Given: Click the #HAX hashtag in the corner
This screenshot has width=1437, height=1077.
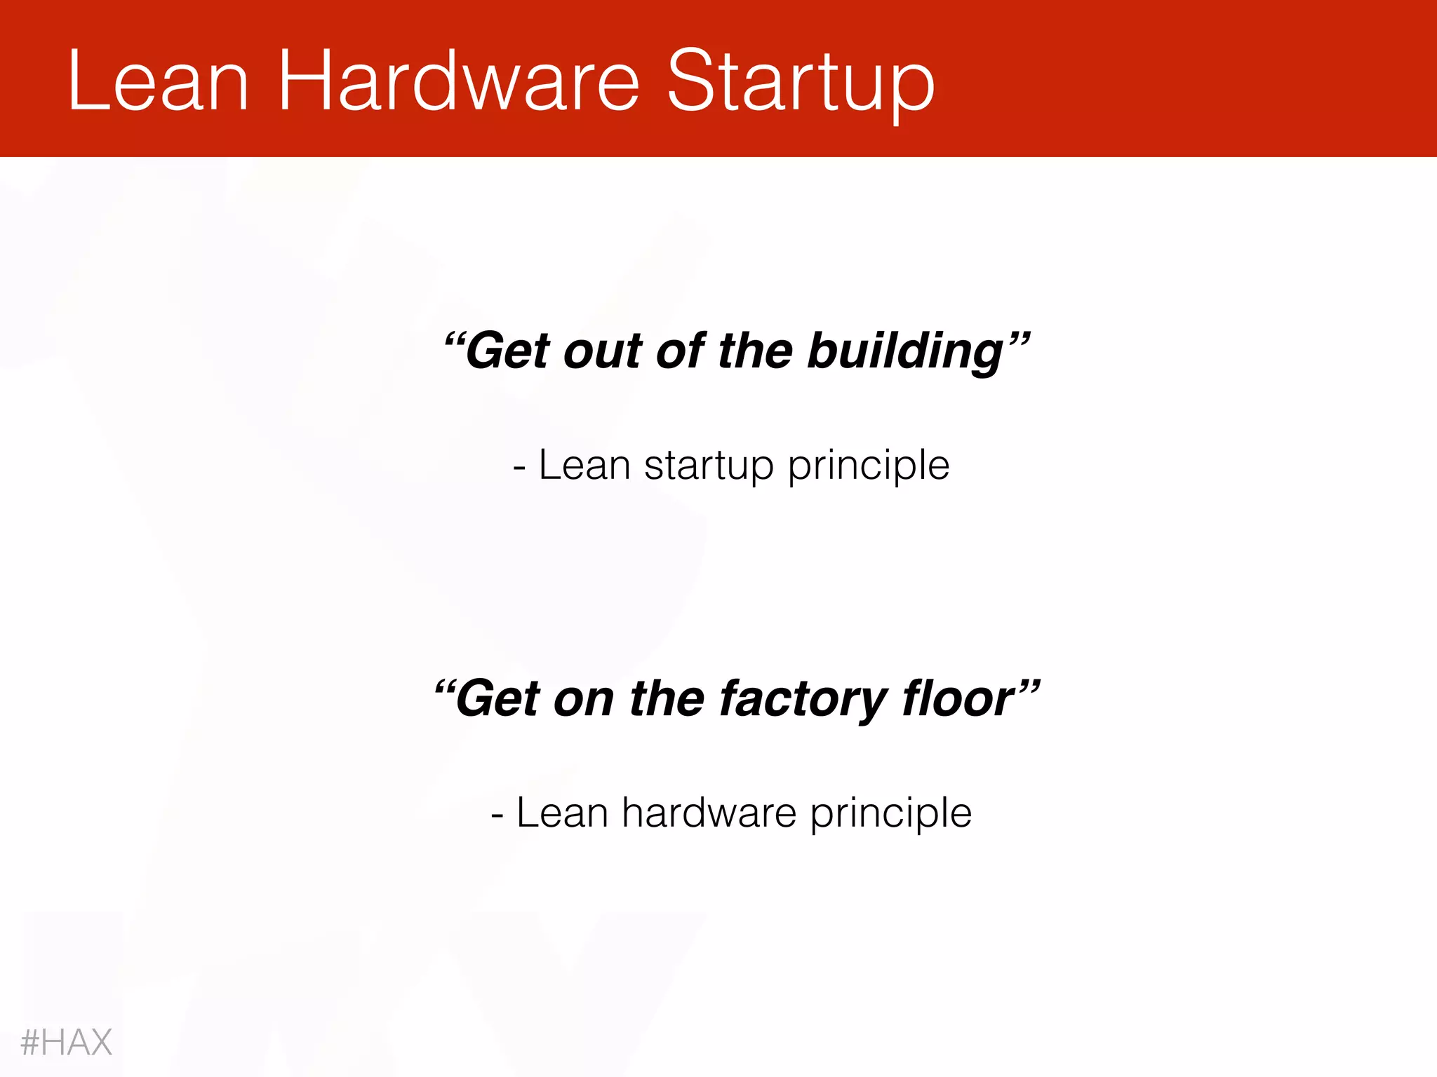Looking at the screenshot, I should (66, 1042).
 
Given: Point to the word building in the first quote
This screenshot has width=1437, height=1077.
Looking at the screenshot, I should (905, 351).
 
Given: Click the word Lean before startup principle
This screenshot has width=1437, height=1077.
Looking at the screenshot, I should (584, 465).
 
